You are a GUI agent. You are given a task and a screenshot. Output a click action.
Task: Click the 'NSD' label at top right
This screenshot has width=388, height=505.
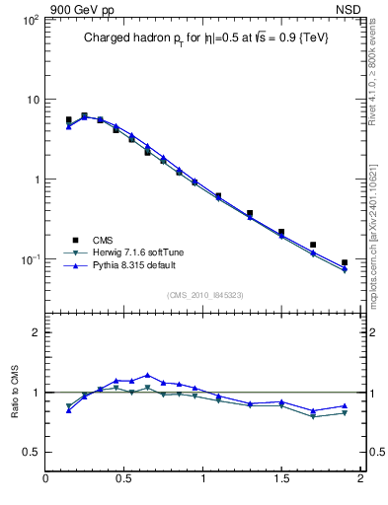tap(350, 9)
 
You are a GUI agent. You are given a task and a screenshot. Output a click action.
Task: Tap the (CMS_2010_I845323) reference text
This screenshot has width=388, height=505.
tap(205, 294)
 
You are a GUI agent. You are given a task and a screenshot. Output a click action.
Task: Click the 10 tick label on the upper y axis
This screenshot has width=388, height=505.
tap(32, 100)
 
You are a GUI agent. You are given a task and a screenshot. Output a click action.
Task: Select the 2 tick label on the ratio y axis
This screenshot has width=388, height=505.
tap(35, 332)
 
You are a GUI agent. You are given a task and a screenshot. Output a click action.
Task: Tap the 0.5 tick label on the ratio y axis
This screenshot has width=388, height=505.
tap(31, 452)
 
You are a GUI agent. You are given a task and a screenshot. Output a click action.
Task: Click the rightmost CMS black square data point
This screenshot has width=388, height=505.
tap(345, 263)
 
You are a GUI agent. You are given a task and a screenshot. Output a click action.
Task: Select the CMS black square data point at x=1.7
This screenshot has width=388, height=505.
tap(313, 245)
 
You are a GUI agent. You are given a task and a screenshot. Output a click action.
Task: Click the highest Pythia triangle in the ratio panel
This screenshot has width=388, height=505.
tap(147, 375)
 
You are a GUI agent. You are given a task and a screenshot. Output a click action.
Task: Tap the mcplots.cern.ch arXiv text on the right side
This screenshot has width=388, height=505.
tap(372, 222)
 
